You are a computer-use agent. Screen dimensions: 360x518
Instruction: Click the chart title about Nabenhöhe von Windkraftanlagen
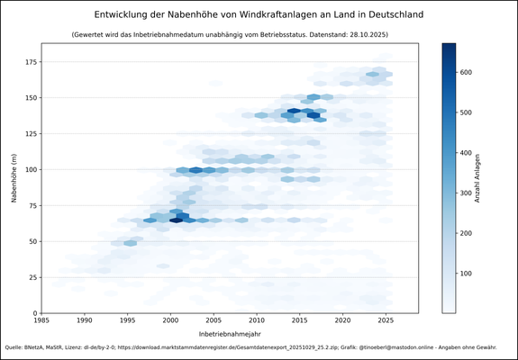[x=259, y=15]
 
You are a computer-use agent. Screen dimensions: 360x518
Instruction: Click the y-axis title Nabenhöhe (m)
[x=15, y=177]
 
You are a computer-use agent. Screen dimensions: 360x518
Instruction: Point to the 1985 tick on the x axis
[x=41, y=319]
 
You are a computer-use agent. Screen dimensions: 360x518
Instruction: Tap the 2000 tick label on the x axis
[x=170, y=319]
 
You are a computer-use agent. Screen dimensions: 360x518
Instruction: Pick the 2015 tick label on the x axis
[x=300, y=319]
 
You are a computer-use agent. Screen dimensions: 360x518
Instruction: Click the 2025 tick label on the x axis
[x=386, y=319]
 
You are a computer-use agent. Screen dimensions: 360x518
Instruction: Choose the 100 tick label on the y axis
[x=28, y=169]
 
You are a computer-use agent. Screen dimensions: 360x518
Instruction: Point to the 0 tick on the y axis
[x=33, y=313]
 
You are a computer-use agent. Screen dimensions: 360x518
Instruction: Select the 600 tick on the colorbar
[x=468, y=72]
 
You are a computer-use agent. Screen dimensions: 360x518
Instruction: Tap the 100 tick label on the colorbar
[x=468, y=274]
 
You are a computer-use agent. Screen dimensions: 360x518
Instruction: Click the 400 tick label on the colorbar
[x=468, y=153]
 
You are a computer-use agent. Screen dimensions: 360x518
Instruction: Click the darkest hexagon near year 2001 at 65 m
[x=177, y=220]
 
